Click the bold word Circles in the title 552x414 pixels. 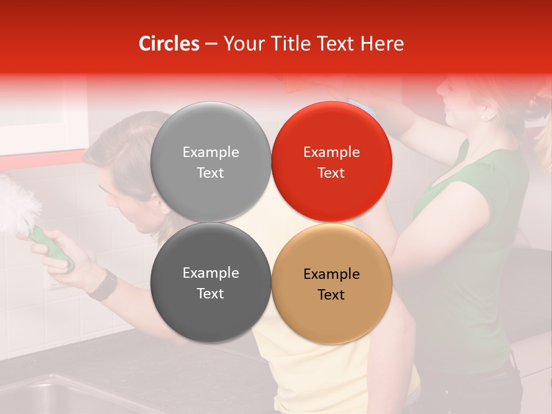168,44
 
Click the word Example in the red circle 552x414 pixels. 331,152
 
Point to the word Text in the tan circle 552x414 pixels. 331,295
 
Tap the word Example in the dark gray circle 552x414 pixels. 210,273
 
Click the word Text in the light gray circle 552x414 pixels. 210,173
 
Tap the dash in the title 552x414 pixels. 210,44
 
